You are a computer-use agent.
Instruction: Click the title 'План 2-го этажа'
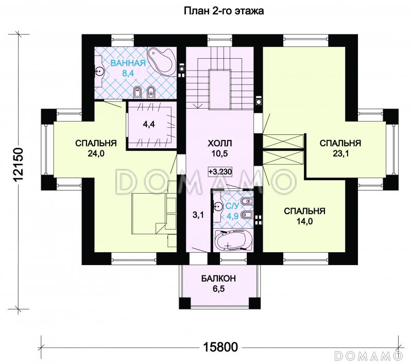(224, 11)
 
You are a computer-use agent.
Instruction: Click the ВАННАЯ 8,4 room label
(128, 68)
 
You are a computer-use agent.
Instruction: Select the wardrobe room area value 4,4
(149, 125)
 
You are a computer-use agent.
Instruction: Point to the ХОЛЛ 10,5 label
(220, 148)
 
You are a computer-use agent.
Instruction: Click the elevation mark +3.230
(220, 172)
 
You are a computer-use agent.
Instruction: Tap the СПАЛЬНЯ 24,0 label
(96, 148)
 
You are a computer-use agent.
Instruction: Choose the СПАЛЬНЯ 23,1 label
(340, 148)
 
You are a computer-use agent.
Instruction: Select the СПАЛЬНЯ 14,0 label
(305, 216)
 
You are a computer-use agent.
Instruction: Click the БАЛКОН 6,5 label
(218, 284)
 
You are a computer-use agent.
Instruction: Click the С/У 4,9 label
(232, 211)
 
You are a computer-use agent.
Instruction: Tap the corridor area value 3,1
(198, 215)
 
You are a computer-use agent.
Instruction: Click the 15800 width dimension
(221, 347)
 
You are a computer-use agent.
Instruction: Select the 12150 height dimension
(19, 165)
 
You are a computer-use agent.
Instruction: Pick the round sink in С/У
(218, 206)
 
